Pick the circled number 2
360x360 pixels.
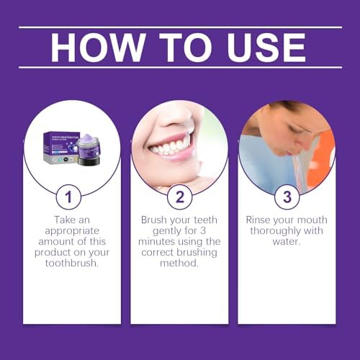pos(179,198)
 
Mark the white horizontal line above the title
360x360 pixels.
pos(179,27)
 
